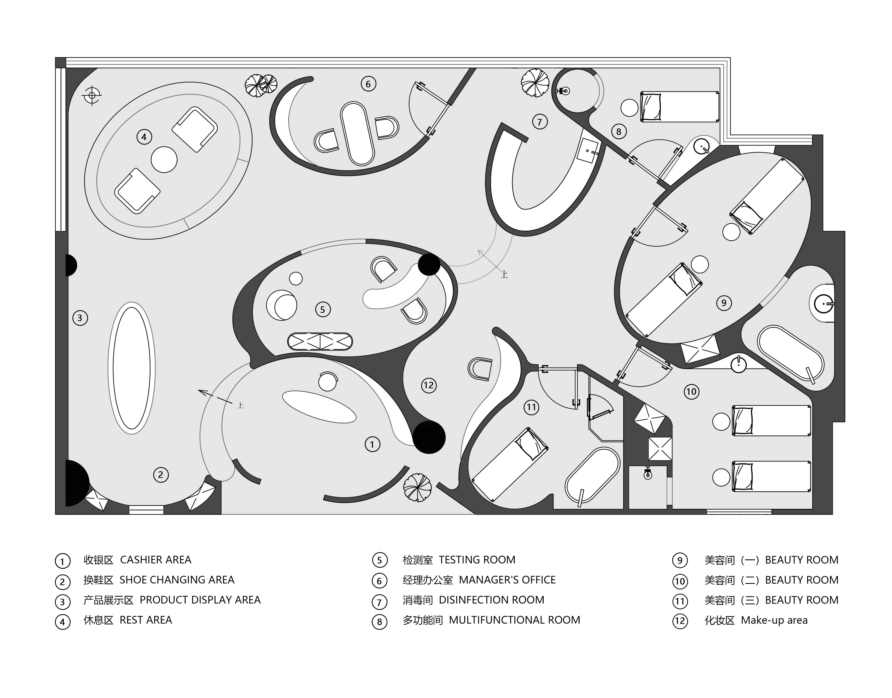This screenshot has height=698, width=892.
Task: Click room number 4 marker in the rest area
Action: [x=144, y=137]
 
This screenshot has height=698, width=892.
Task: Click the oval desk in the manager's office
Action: [x=357, y=134]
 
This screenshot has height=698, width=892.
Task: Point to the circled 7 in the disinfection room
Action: [x=539, y=122]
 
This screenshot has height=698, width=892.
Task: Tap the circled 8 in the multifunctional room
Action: [x=619, y=132]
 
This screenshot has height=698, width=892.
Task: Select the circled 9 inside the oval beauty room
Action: [x=724, y=303]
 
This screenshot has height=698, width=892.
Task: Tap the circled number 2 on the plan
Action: [x=160, y=474]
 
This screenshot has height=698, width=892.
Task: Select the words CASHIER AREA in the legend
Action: [x=156, y=560]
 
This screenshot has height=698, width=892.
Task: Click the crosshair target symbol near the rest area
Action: [x=92, y=96]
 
